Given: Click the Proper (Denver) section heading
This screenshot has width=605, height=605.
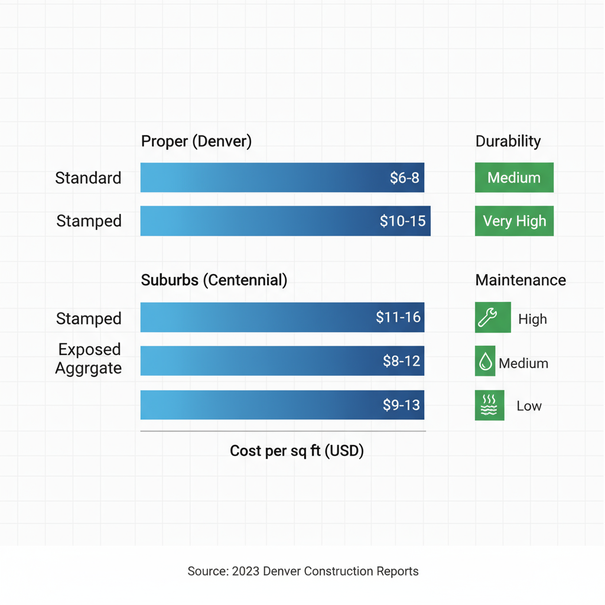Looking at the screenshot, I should tap(196, 142).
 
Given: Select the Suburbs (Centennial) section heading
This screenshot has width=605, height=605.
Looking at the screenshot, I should tap(214, 280).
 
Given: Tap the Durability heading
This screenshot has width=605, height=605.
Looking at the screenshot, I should tap(508, 141).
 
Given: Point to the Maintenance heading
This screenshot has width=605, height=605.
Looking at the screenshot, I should tap(520, 280).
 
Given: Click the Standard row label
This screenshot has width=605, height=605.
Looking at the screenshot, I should tap(88, 178).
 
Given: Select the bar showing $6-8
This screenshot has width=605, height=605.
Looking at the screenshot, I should tap(282, 178).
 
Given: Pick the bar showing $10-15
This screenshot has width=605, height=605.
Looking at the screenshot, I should tap(285, 221).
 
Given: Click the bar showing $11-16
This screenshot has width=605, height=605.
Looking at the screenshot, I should tap(282, 317).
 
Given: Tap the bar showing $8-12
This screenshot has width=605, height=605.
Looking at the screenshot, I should tap(282, 361).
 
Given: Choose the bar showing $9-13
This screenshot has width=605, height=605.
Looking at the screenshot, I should tap(282, 405).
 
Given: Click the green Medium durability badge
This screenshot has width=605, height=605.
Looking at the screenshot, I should tap(514, 178).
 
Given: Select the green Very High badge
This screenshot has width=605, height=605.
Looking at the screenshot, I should tap(514, 221).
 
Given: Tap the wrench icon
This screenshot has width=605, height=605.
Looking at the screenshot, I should tap(492, 318).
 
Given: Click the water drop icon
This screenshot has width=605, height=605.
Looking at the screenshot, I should tap(485, 362).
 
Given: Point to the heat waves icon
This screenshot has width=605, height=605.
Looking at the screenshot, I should tap(489, 405).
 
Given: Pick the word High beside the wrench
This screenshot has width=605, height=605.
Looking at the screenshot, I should tap(532, 319).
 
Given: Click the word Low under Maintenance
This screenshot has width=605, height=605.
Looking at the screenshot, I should tap(529, 406).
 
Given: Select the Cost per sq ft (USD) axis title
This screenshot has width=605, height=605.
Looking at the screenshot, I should tap(297, 451).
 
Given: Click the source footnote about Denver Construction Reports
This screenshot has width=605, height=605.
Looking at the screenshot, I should tap(302, 571).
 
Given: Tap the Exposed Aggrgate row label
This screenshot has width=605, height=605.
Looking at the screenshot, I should tap(89, 359).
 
